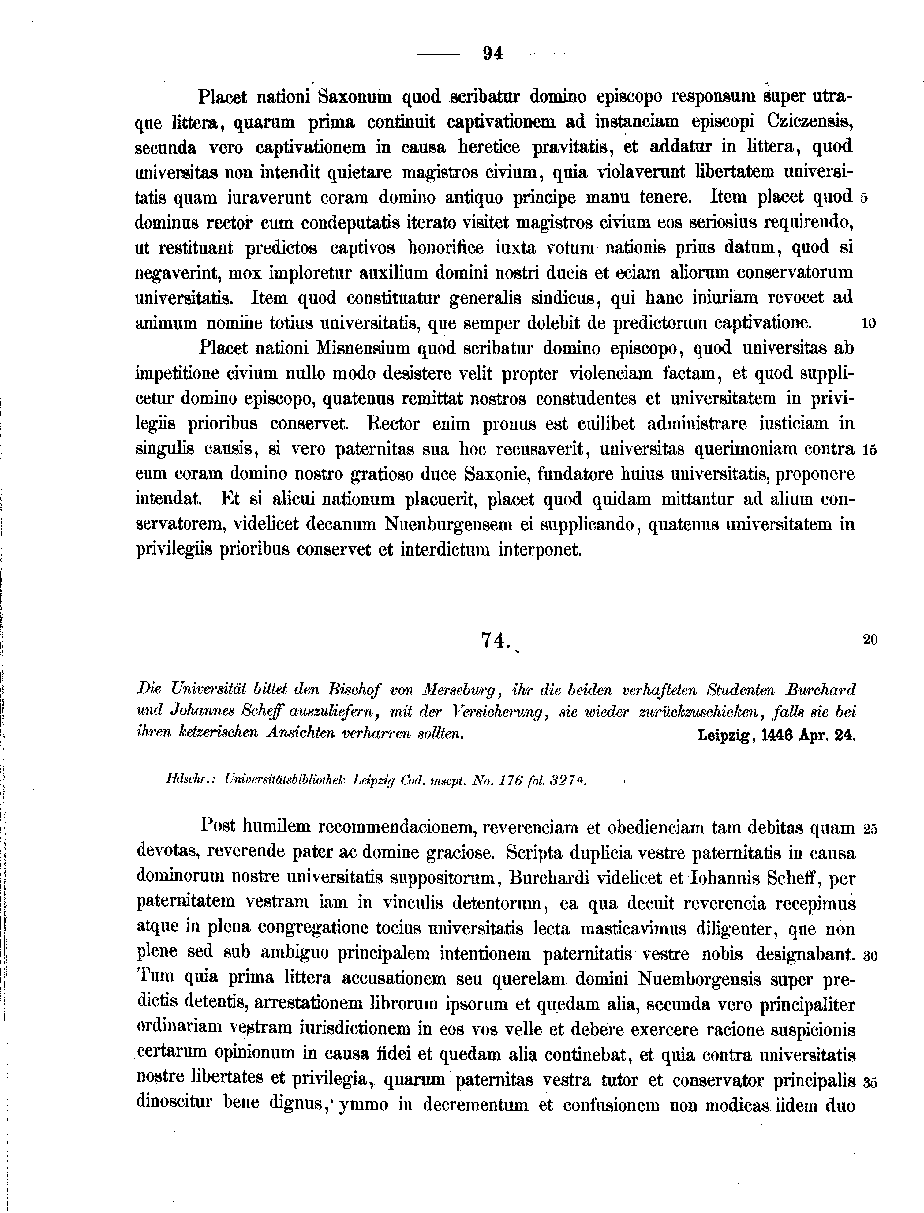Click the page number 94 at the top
pyautogui.click(x=493, y=53)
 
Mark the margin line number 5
pyautogui.click(x=863, y=199)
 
